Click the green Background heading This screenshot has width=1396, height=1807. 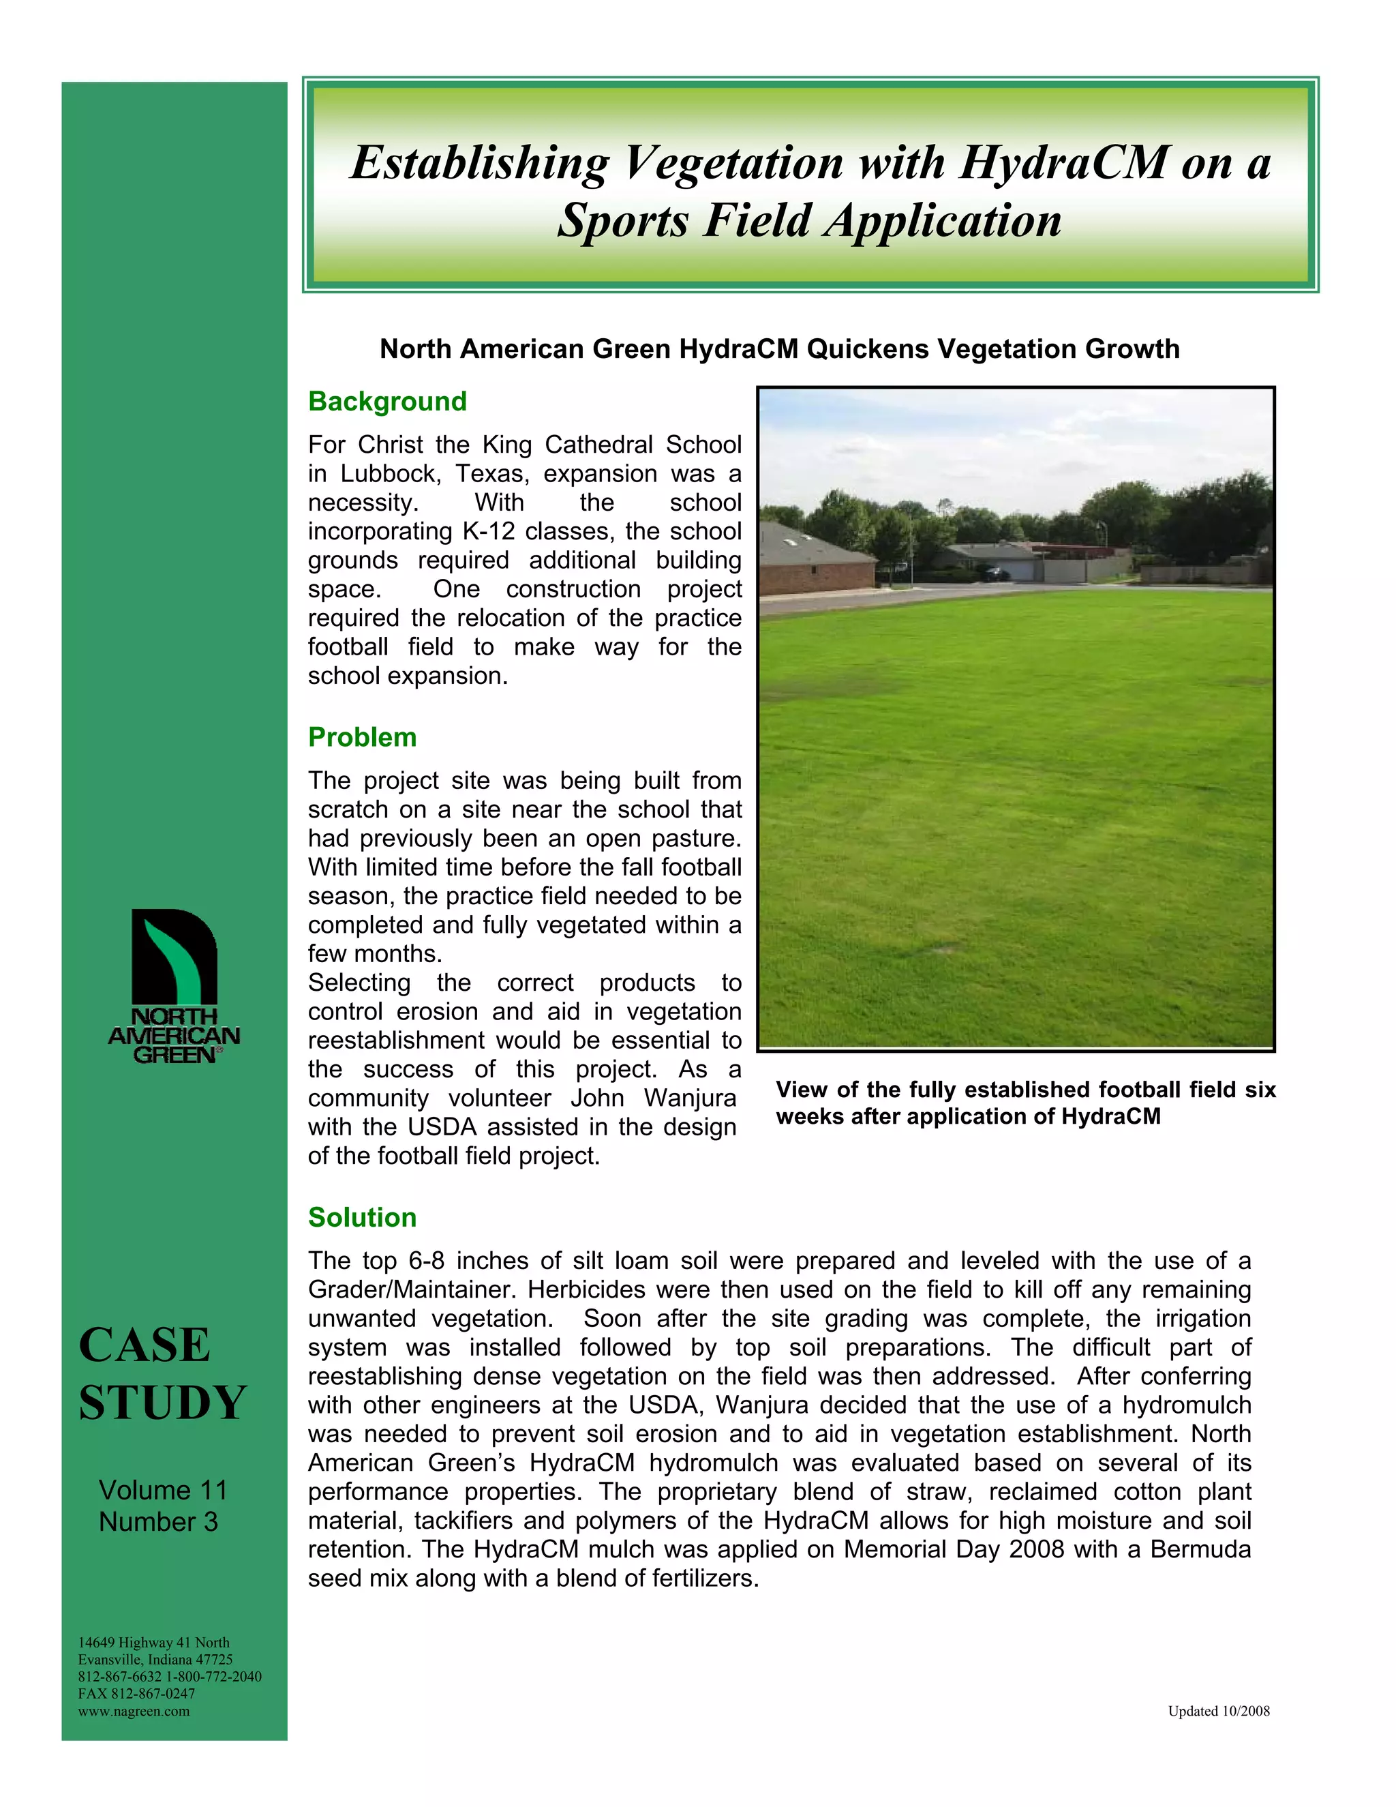[387, 401]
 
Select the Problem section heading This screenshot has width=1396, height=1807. [362, 737]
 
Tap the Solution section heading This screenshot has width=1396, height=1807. [362, 1217]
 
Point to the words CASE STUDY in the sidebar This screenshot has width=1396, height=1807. [162, 1373]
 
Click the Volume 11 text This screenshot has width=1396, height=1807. [163, 1490]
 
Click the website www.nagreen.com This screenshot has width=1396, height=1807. [134, 1711]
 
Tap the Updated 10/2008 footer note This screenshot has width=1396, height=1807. [1218, 1711]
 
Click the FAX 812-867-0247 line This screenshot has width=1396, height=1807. [136, 1694]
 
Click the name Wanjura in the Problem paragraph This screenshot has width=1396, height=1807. [690, 1098]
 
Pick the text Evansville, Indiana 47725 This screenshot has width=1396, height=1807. [155, 1660]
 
